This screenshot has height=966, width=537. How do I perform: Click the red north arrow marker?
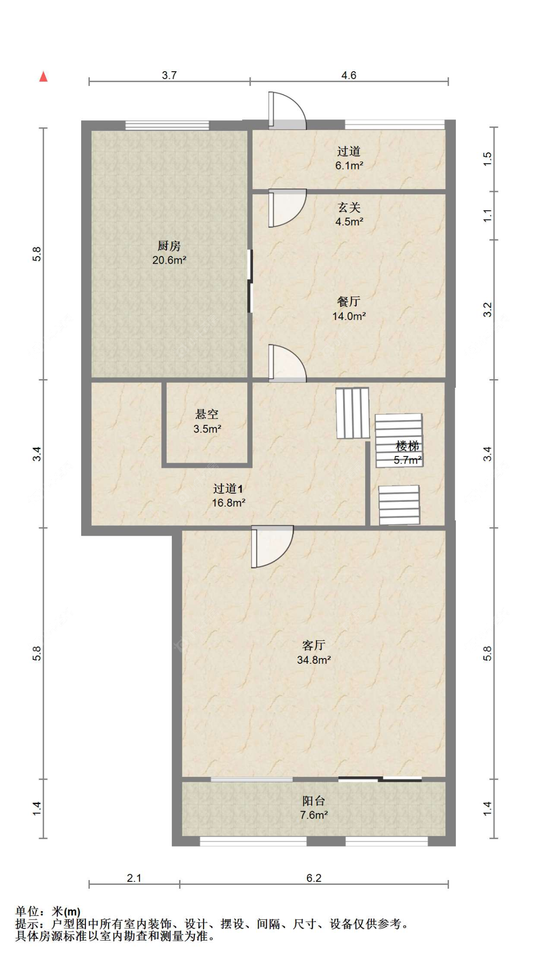(43, 76)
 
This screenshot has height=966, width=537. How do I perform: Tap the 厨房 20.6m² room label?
(169, 253)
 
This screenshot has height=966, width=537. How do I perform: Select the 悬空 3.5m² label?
(207, 421)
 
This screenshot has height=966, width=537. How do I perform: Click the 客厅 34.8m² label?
(314, 652)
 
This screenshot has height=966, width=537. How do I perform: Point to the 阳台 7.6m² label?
(314, 807)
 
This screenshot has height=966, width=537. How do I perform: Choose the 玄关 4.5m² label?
(349, 214)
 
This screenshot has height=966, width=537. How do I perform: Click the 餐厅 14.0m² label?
(349, 308)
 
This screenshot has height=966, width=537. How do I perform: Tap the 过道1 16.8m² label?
(228, 495)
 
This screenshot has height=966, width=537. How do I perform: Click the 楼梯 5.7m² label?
(407, 453)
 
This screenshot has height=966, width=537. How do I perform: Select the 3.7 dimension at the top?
(169, 75)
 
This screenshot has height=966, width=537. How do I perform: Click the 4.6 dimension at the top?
(348, 75)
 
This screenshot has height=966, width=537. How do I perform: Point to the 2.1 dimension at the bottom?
(134, 878)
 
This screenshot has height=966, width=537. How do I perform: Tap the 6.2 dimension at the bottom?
(314, 878)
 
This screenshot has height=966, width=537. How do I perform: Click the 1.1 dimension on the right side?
(487, 216)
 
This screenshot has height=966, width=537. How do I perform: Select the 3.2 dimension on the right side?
(487, 309)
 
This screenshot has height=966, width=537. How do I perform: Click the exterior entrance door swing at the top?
(286, 111)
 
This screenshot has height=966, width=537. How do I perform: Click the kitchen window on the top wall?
(167, 126)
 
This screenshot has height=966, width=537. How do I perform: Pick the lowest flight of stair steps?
(399, 505)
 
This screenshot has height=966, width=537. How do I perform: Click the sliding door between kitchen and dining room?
(250, 282)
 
